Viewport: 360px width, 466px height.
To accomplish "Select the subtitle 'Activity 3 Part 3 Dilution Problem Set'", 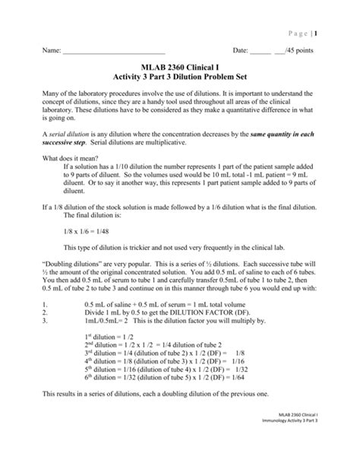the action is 180,81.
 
